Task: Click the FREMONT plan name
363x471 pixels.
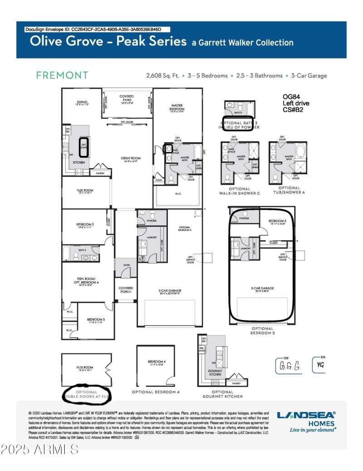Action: click(62, 75)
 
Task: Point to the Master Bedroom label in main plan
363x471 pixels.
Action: click(177, 107)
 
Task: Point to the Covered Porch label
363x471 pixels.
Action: click(126, 290)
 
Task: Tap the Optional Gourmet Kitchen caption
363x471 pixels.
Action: click(222, 394)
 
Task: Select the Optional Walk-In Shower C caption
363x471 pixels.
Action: click(239, 190)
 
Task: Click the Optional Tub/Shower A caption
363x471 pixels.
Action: click(289, 190)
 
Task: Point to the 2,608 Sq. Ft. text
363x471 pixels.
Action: click(163, 76)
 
